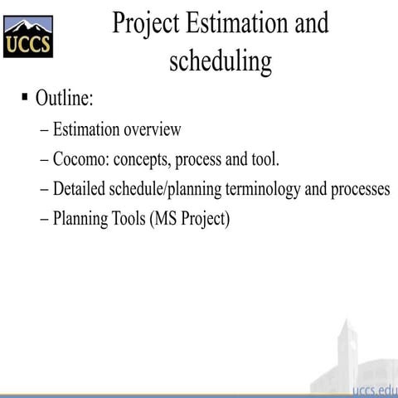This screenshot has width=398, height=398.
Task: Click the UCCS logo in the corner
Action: coord(27,36)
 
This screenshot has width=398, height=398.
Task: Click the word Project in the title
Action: coord(150,22)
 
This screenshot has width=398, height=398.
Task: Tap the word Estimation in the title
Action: coord(237,22)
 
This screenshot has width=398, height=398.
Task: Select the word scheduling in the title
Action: coord(221,61)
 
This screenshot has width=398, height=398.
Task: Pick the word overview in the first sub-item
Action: coord(152,129)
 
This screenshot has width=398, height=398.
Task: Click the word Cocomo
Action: coord(81,159)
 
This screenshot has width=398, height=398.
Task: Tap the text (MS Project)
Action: coord(191,220)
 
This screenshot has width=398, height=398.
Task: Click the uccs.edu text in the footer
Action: coord(374,391)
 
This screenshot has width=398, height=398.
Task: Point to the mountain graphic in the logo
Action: coord(27,24)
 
